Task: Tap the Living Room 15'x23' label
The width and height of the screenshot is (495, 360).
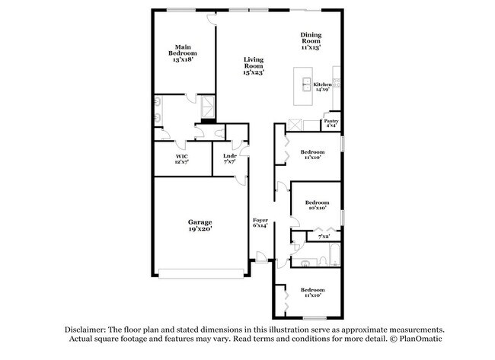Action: click(x=254, y=65)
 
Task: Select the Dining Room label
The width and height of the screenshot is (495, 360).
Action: click(x=311, y=38)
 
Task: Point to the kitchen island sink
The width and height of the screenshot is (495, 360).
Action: click(x=307, y=84)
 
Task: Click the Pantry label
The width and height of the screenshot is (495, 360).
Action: click(x=331, y=121)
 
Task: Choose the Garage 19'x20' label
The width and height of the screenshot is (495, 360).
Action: click(x=200, y=225)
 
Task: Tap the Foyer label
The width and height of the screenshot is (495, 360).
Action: click(x=260, y=220)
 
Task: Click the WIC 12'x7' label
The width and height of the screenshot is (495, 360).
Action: click(x=182, y=159)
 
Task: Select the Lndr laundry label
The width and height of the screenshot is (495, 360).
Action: click(x=230, y=156)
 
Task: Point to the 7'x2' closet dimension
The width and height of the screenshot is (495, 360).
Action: click(x=324, y=236)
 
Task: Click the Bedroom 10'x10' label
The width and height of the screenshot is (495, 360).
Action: click(x=318, y=205)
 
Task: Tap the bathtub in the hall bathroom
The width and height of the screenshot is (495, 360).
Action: click(x=334, y=255)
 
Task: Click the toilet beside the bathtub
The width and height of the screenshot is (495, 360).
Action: click(x=323, y=262)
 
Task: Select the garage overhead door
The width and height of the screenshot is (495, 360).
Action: click(x=201, y=273)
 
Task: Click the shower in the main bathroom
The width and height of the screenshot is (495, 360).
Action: click(x=208, y=107)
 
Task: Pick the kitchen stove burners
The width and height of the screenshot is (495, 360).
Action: click(x=337, y=83)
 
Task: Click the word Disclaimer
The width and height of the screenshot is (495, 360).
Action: click(x=85, y=330)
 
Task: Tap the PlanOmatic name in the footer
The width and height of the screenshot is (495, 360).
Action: click(x=420, y=339)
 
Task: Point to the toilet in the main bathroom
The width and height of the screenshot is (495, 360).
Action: click(x=219, y=133)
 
